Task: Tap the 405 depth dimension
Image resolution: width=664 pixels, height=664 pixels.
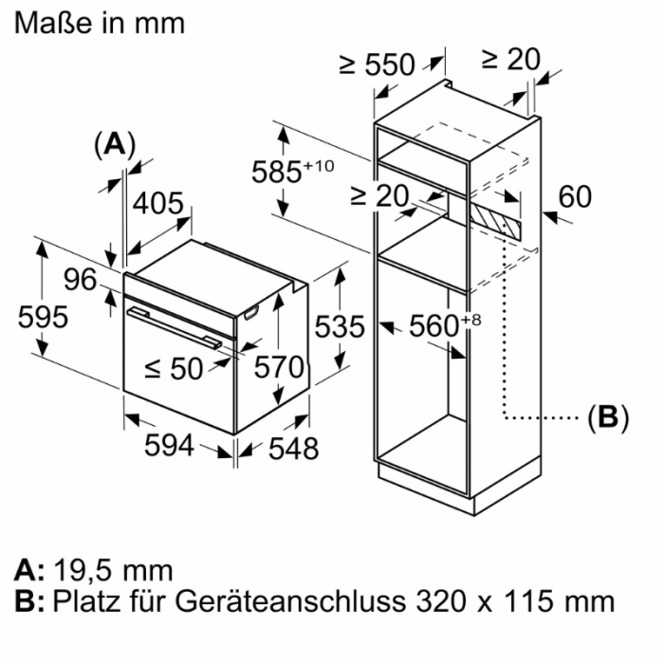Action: [x=157, y=203]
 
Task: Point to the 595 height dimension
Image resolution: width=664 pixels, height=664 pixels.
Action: [x=44, y=318]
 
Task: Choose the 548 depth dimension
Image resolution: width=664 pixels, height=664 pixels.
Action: [x=290, y=448]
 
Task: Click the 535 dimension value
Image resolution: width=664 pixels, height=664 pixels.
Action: [x=339, y=327]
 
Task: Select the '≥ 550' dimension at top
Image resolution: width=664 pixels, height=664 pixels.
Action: [x=377, y=65]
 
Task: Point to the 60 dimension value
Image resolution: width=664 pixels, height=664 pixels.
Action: [x=575, y=197]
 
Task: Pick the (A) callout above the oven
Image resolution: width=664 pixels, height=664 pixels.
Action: [x=115, y=144]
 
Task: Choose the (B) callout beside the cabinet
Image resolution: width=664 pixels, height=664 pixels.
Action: [x=608, y=416]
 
